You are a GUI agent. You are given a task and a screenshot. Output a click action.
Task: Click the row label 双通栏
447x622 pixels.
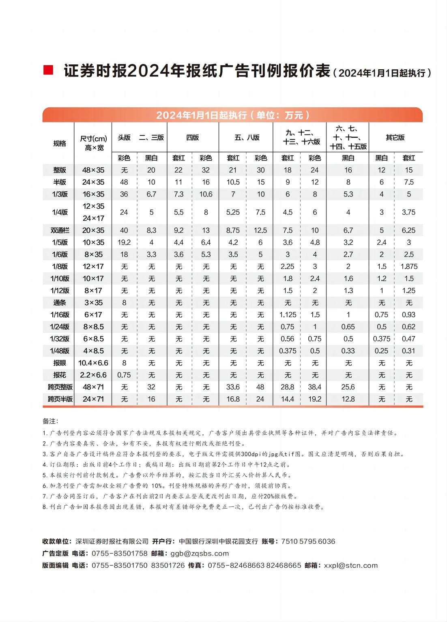(x=60, y=230)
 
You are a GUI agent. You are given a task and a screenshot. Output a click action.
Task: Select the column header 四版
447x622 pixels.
(x=192, y=137)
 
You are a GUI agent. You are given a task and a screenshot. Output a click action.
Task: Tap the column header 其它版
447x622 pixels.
(x=395, y=137)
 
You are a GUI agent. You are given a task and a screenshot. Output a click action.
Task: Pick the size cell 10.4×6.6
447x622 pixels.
(x=93, y=363)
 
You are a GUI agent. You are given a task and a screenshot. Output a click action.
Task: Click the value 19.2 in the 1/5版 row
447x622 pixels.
(x=124, y=242)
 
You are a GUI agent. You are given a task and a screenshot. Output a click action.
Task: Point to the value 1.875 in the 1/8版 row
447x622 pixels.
(x=408, y=266)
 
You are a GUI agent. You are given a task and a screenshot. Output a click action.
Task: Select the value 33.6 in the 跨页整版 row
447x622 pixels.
(x=233, y=387)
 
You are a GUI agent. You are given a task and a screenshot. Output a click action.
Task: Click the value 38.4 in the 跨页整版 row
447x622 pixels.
(x=315, y=387)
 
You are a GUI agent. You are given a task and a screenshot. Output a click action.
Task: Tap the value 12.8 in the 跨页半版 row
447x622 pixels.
(x=348, y=399)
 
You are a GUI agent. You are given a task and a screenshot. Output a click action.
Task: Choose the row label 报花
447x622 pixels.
(x=60, y=375)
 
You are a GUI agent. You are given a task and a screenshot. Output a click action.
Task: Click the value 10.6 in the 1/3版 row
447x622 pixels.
(x=206, y=194)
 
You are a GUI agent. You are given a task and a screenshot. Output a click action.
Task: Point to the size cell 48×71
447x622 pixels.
(x=93, y=387)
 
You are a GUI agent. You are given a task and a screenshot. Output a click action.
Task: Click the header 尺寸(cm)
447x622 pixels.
(x=93, y=139)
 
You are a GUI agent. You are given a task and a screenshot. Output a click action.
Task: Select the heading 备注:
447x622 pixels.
(x=50, y=421)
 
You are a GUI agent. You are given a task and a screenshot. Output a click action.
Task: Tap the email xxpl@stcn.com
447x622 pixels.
(x=351, y=565)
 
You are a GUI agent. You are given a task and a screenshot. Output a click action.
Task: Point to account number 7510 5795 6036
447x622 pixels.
(x=308, y=541)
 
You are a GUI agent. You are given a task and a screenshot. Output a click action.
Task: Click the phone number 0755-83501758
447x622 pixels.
(x=120, y=554)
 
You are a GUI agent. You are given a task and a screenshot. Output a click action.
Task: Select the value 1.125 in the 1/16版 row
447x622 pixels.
(x=288, y=314)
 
